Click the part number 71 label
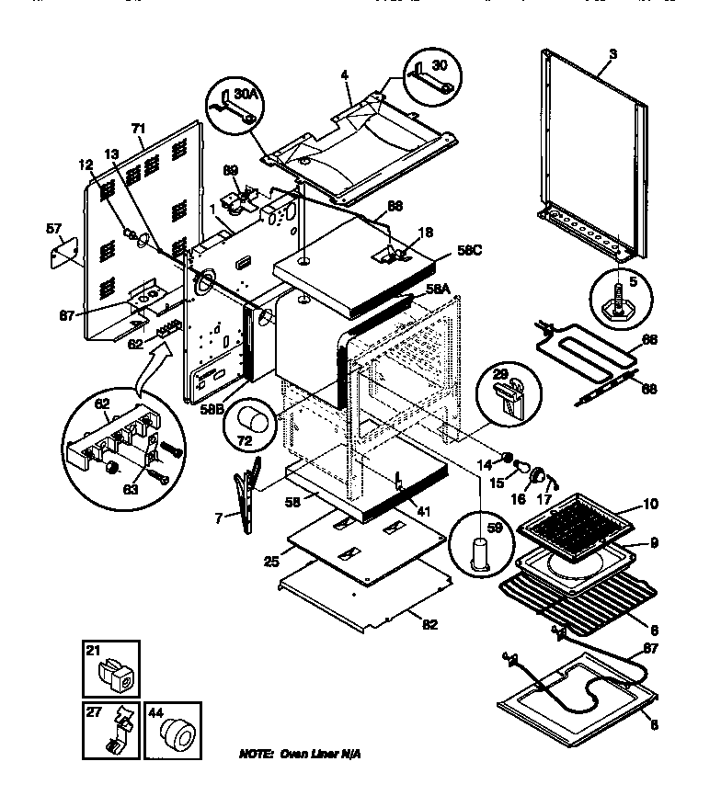click(x=139, y=130)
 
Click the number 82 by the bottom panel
click(x=429, y=625)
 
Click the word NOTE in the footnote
click(x=255, y=754)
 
